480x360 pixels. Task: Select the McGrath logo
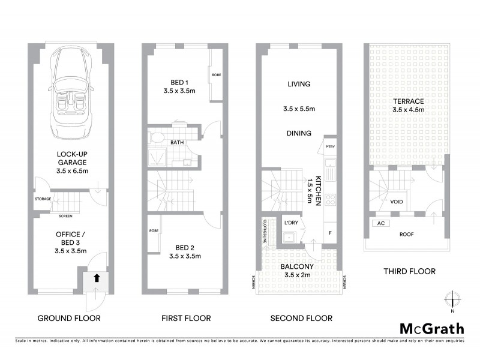(431, 328)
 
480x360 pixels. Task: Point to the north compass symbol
(454, 299)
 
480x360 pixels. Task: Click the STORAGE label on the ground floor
(43, 199)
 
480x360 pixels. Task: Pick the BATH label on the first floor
(177, 143)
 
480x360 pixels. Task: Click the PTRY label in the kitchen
(329, 146)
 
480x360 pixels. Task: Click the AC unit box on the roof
(379, 223)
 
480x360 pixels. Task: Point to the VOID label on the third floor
(396, 202)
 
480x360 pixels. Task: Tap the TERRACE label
(407, 101)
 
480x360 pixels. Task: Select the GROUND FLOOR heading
(69, 318)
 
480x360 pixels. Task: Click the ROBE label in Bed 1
(216, 75)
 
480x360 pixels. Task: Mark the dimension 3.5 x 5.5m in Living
(298, 109)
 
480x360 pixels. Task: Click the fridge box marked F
(329, 232)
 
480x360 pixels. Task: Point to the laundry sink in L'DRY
(289, 236)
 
